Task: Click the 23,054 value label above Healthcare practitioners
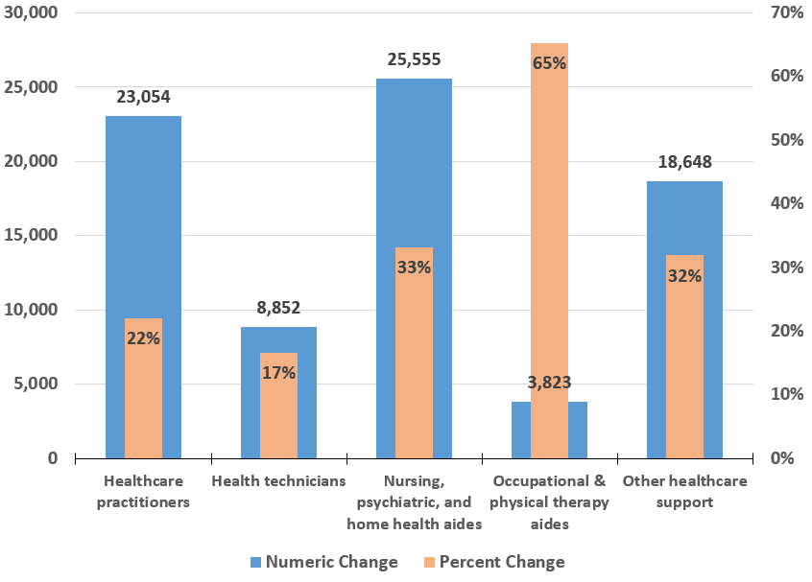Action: [143, 97]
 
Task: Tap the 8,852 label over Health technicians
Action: [278, 308]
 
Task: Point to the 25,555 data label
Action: [414, 59]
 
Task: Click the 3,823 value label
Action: [549, 383]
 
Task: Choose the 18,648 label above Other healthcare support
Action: [684, 162]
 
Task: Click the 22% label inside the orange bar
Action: [143, 338]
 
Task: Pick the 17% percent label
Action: [278, 372]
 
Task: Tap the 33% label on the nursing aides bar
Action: [414, 268]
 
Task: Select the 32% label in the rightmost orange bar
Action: [684, 276]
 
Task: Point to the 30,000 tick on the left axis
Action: [32, 12]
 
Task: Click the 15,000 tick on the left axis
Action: [32, 236]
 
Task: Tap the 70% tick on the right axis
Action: [786, 12]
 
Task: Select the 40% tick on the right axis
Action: [786, 203]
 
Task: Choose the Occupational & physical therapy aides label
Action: [549, 502]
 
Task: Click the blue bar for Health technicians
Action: [250, 393]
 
